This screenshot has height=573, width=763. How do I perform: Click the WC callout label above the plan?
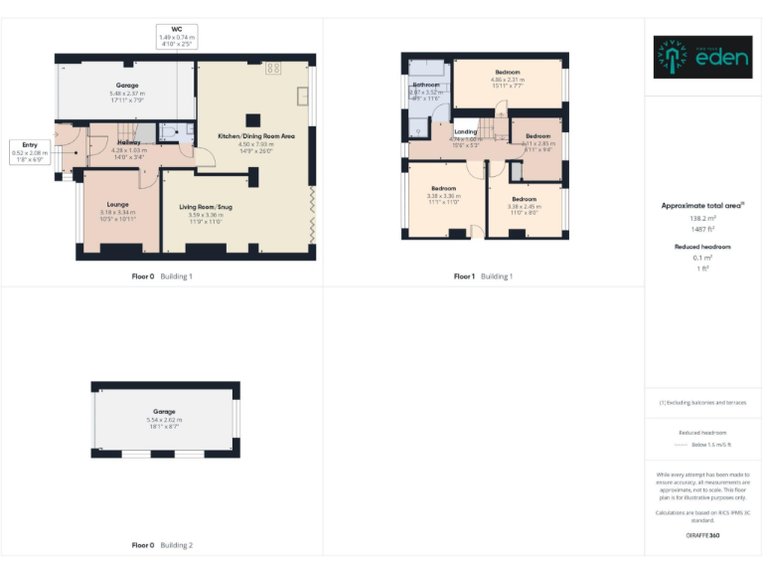[x=177, y=37]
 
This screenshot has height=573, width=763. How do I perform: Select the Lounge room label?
[x=117, y=205]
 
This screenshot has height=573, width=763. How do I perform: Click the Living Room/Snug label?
[x=206, y=207]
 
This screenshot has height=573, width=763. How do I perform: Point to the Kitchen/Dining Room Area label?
[x=256, y=135]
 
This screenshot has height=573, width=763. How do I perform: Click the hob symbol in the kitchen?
[x=272, y=69]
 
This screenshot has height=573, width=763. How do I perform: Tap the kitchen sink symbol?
[x=303, y=99]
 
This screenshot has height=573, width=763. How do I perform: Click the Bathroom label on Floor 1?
[x=426, y=86]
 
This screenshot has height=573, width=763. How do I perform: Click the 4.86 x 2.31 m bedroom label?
[x=507, y=73]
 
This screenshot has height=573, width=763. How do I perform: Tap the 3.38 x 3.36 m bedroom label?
[x=443, y=189]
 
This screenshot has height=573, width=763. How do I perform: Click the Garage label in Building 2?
[x=164, y=412]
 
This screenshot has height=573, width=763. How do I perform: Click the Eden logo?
[x=702, y=58]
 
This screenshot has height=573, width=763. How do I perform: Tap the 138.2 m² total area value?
[x=702, y=217]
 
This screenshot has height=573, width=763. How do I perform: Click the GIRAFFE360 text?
[x=702, y=535]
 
